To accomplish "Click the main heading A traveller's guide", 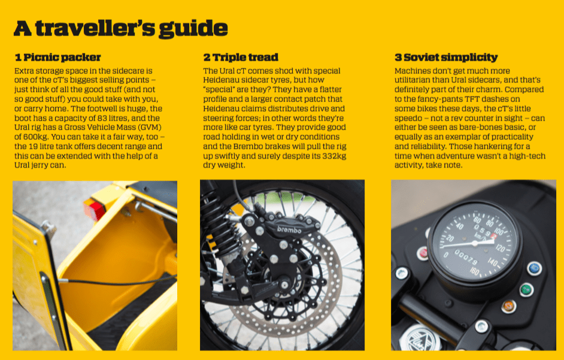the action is [120, 28].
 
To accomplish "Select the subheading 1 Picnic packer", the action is [58, 58].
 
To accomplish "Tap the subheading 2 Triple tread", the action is [241, 58].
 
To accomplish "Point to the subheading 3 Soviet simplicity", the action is [446, 58].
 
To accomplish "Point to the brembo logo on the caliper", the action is [289, 229].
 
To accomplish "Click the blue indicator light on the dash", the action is [535, 268].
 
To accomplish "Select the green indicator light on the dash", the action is [527, 289].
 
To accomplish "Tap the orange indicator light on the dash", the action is [509, 306].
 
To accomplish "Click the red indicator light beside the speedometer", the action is [423, 253].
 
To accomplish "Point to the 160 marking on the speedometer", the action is [475, 271].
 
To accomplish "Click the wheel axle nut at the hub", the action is [285, 285].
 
